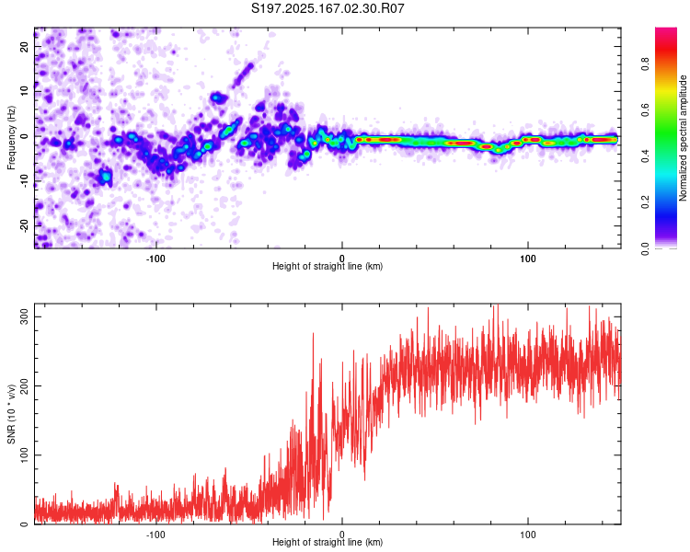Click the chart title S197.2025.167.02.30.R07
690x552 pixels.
(328, 8)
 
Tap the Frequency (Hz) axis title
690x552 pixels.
(11, 138)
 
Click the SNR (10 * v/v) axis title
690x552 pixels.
(11, 414)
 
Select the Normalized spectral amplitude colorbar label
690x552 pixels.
(683, 138)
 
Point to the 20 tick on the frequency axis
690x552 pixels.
(25, 46)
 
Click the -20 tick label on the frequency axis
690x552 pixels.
(25, 226)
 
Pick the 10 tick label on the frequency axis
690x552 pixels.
(25, 91)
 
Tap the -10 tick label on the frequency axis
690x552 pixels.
(25, 181)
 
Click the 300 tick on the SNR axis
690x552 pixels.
(25, 316)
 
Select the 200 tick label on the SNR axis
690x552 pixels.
(25, 386)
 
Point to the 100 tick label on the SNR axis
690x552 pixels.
(25, 455)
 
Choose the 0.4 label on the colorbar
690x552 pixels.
(646, 155)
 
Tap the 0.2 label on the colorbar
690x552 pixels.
(646, 202)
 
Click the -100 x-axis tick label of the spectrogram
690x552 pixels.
(155, 259)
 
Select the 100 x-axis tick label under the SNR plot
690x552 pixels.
(528, 535)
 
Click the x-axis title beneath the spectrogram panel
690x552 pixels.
(328, 266)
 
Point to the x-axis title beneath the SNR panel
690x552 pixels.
(328, 542)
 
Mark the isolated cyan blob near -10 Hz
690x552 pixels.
(106, 177)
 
